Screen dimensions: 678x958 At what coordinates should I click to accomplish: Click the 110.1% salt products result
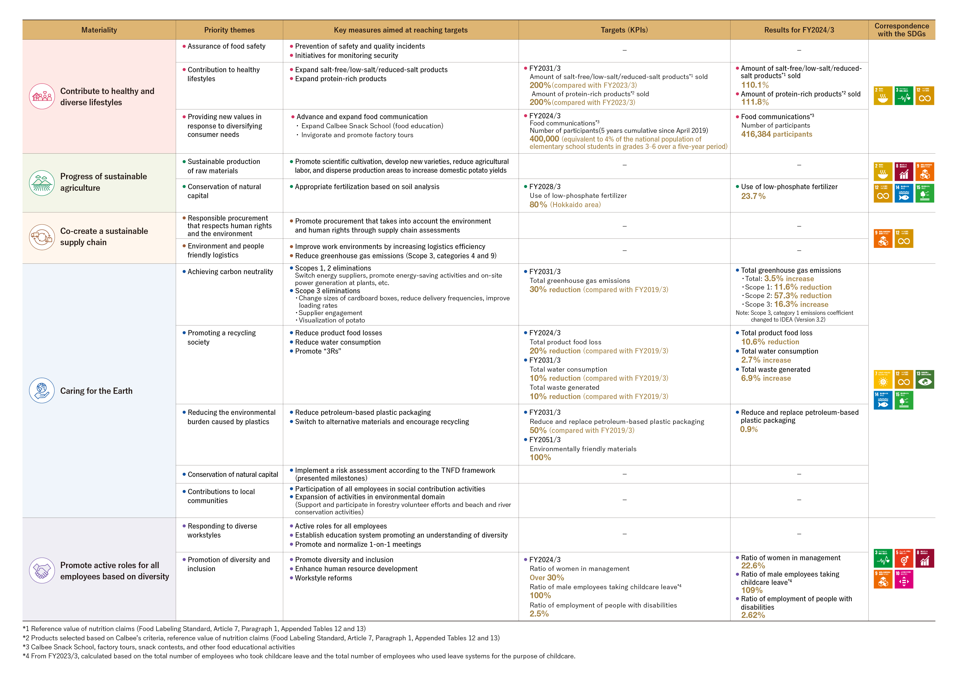pyautogui.click(x=754, y=85)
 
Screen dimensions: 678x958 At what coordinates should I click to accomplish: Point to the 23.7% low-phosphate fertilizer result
pyautogui.click(x=753, y=196)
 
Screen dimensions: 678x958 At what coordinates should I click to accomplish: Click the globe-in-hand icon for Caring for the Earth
pyautogui.click(x=42, y=390)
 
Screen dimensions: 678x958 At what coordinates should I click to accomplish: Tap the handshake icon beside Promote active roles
pyautogui.click(x=42, y=570)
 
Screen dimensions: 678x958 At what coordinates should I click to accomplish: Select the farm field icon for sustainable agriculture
pyautogui.click(x=42, y=183)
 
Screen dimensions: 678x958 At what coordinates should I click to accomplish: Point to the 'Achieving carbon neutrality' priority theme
pyautogui.click(x=230, y=272)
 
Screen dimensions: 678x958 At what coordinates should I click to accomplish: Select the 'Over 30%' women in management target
pyautogui.click(x=547, y=577)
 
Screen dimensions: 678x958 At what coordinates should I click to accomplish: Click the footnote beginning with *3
pyautogui.click(x=159, y=647)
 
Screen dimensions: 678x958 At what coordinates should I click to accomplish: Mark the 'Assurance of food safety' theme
pyautogui.click(x=226, y=46)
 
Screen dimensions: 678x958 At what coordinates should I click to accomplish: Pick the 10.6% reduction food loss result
pyautogui.click(x=770, y=342)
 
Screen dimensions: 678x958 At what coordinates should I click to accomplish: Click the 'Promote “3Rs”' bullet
pyautogui.click(x=318, y=351)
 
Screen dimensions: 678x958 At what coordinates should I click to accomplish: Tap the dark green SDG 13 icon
pyautogui.click(x=925, y=380)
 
